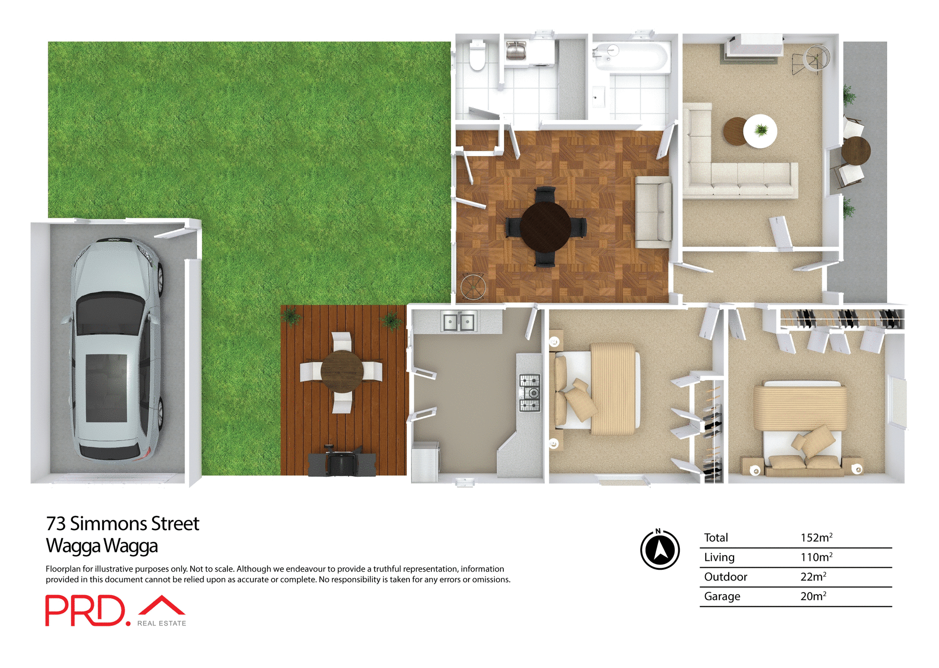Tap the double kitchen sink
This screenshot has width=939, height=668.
click(458, 322)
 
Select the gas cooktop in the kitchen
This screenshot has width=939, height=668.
click(530, 393)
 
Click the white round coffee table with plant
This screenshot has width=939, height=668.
click(760, 131)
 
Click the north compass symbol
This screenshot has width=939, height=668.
click(660, 550)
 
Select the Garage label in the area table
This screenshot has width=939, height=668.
click(722, 597)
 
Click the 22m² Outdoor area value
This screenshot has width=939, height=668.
click(813, 577)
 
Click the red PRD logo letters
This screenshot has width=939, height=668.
click(86, 610)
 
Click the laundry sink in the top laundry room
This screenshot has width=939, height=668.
click(515, 51)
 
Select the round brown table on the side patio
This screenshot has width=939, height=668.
click(856, 151)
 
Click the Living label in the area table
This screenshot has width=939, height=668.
click(719, 557)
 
